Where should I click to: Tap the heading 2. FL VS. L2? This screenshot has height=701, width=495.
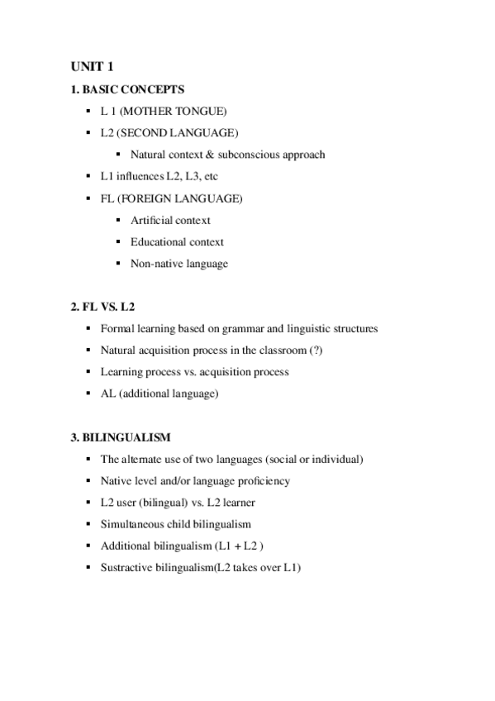click(x=102, y=307)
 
